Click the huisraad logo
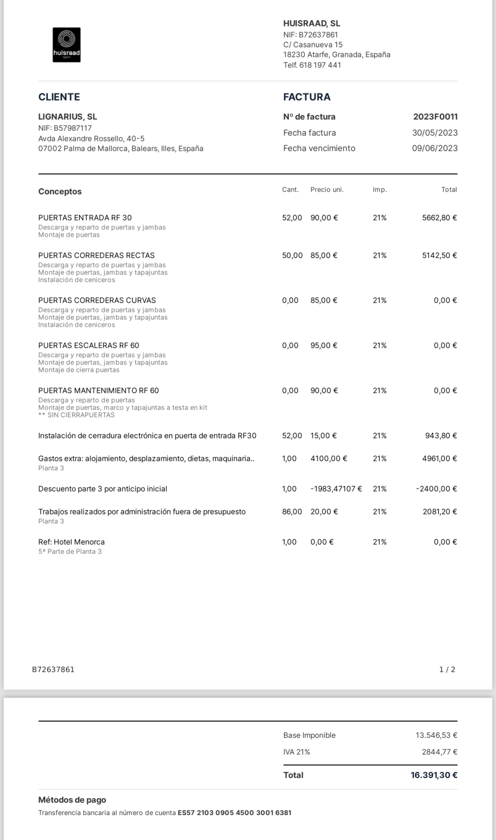click(x=67, y=45)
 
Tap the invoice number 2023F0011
click(x=435, y=117)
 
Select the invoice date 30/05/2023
click(x=434, y=133)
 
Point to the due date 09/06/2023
click(x=434, y=148)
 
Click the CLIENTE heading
click(x=59, y=97)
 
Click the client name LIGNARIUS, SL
click(x=68, y=117)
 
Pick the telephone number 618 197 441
click(x=320, y=65)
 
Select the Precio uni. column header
click(x=327, y=189)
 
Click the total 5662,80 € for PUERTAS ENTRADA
click(x=439, y=218)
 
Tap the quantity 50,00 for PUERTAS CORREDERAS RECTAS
click(x=292, y=256)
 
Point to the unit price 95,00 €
click(x=324, y=346)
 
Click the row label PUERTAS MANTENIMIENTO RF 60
click(x=98, y=391)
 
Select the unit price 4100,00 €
click(x=329, y=459)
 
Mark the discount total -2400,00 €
click(x=436, y=489)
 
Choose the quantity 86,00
click(x=292, y=512)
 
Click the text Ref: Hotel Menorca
click(x=72, y=542)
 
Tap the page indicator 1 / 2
click(x=447, y=670)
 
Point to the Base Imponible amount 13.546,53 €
click(x=436, y=735)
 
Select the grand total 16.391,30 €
click(x=434, y=775)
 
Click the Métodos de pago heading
click(x=72, y=800)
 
